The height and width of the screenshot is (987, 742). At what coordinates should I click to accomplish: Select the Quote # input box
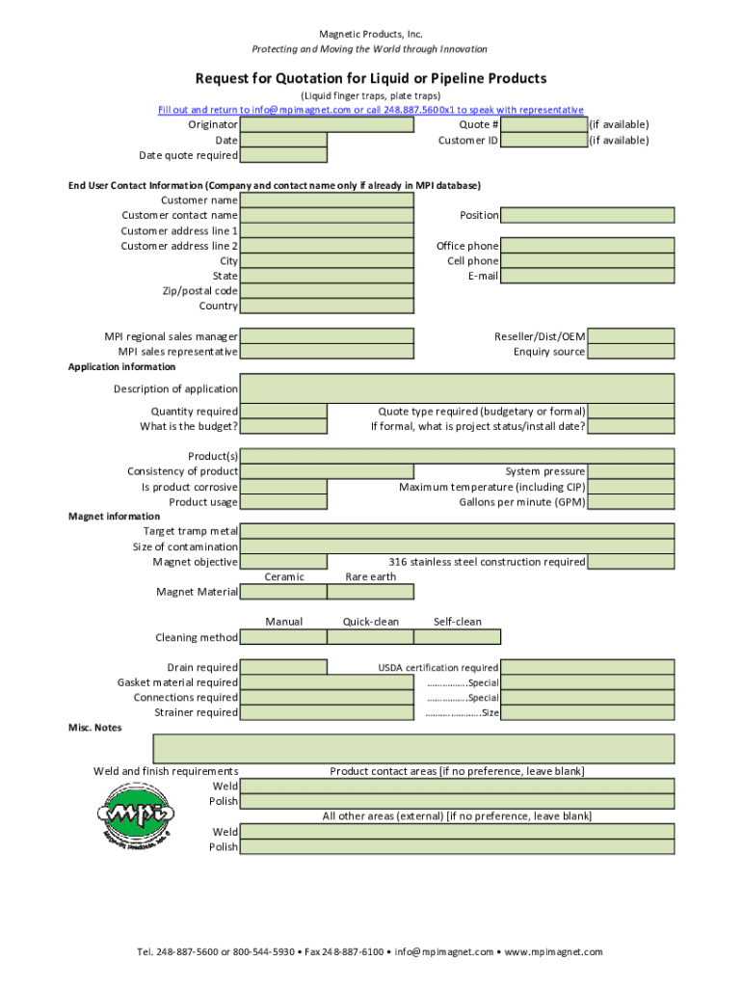[544, 124]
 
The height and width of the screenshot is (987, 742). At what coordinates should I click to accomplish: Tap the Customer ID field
[544, 140]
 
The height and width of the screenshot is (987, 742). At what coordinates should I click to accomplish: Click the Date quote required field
[283, 155]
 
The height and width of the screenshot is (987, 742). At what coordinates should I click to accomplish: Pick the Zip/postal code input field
[327, 291]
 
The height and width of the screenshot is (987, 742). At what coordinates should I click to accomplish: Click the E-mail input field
[588, 276]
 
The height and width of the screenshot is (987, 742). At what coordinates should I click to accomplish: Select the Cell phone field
[588, 261]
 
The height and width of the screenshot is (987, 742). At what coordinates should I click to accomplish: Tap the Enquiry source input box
[631, 352]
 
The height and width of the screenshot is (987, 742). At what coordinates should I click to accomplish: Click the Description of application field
[457, 388]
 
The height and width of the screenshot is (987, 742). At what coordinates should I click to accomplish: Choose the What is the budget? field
[283, 426]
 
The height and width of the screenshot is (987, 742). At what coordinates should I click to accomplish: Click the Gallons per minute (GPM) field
[631, 502]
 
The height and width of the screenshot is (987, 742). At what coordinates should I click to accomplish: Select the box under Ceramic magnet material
[283, 592]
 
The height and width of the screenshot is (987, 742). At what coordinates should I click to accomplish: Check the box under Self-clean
[458, 637]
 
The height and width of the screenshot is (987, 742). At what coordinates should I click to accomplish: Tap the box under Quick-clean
[370, 637]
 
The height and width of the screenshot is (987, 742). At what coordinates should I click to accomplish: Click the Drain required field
[283, 667]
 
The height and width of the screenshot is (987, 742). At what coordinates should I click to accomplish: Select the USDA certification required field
[588, 667]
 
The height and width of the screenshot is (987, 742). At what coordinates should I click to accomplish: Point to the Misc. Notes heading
[95, 728]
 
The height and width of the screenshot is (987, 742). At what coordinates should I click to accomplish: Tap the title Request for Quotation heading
[371, 78]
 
